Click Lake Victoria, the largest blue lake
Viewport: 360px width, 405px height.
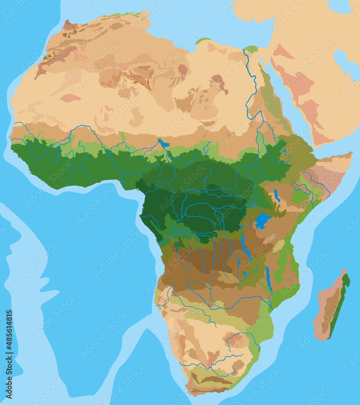point(262,221)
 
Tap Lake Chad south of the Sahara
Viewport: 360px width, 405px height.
point(164,143)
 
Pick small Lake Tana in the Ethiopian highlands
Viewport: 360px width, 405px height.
point(284,152)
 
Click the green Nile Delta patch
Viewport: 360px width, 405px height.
point(251,49)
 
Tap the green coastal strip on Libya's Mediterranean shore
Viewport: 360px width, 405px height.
point(202,40)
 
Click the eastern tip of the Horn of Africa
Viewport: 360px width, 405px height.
point(351,155)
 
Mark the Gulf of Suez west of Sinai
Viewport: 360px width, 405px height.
point(259,61)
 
